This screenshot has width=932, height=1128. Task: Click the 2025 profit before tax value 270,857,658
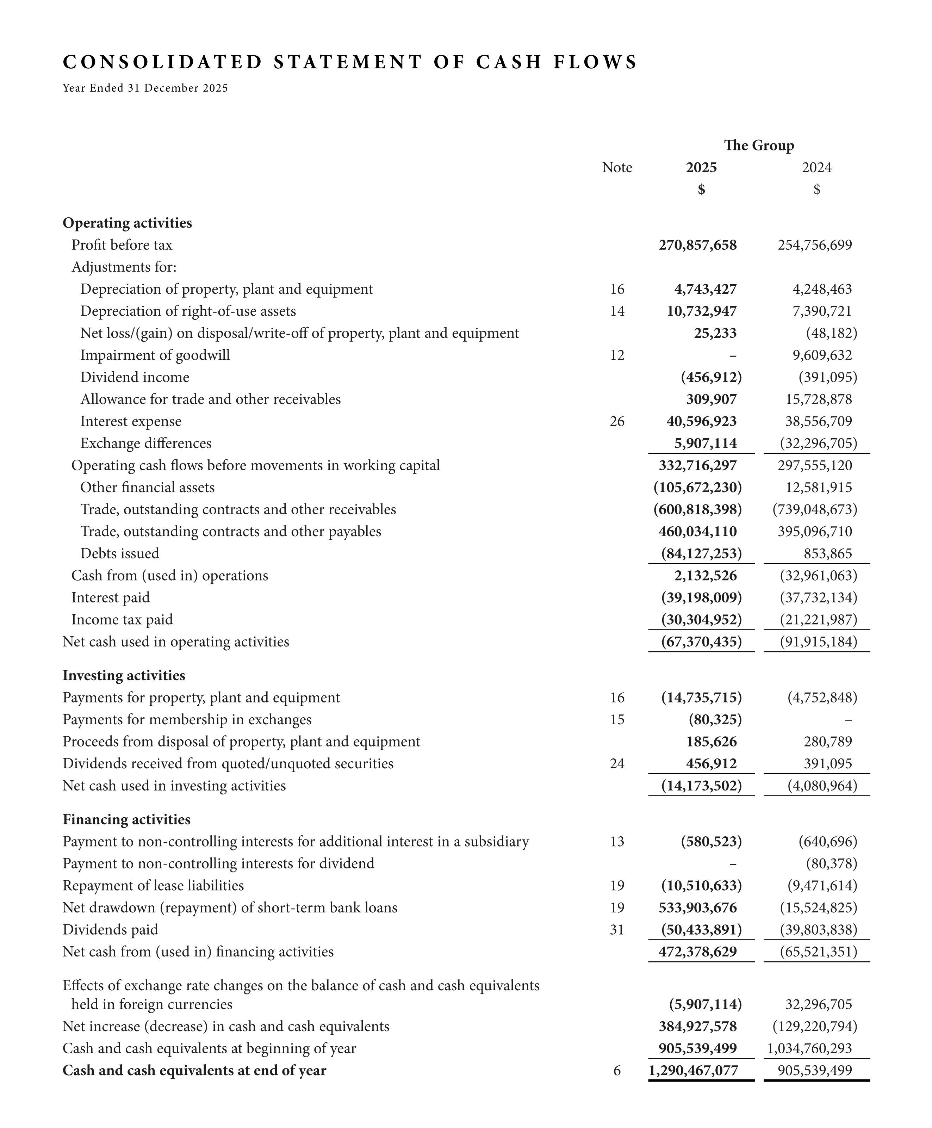point(697,245)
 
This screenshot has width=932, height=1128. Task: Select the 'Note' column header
point(617,167)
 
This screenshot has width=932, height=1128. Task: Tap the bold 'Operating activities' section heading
point(127,223)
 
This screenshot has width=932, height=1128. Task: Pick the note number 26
point(617,421)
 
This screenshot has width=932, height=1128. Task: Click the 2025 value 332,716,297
point(697,465)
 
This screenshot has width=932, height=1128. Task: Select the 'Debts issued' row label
point(120,553)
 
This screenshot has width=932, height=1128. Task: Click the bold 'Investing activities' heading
point(124,675)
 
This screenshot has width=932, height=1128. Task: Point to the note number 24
point(617,763)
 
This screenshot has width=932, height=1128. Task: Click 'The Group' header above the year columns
point(759,145)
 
